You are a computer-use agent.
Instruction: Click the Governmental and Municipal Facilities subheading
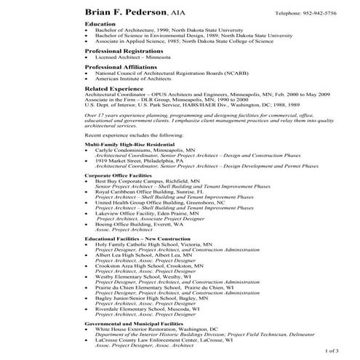pyautogui.click(x=134, y=322)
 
